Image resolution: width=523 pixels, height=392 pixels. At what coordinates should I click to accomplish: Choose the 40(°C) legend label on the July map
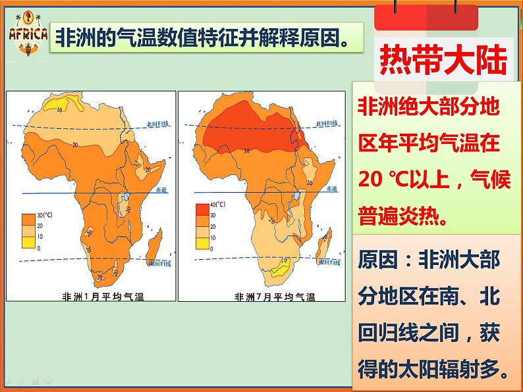pos(217,205)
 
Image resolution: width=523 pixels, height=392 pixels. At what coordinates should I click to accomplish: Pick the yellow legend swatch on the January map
pos(29,243)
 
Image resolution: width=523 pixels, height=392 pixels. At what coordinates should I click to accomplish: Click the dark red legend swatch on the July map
pos(202,210)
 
